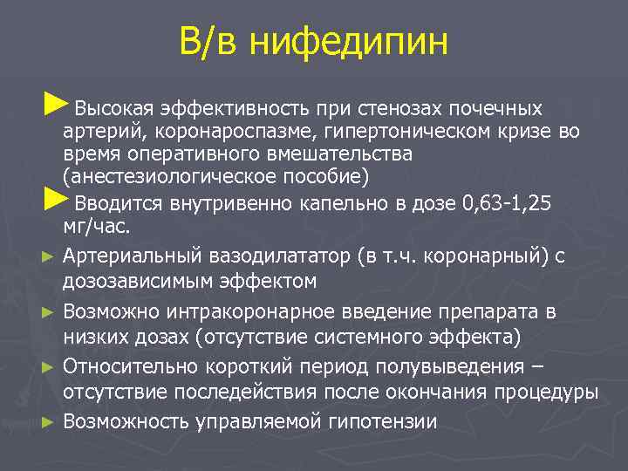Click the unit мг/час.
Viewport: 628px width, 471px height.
pyautogui.click(x=97, y=227)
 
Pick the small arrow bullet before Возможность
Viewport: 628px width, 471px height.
pyautogui.click(x=49, y=422)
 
